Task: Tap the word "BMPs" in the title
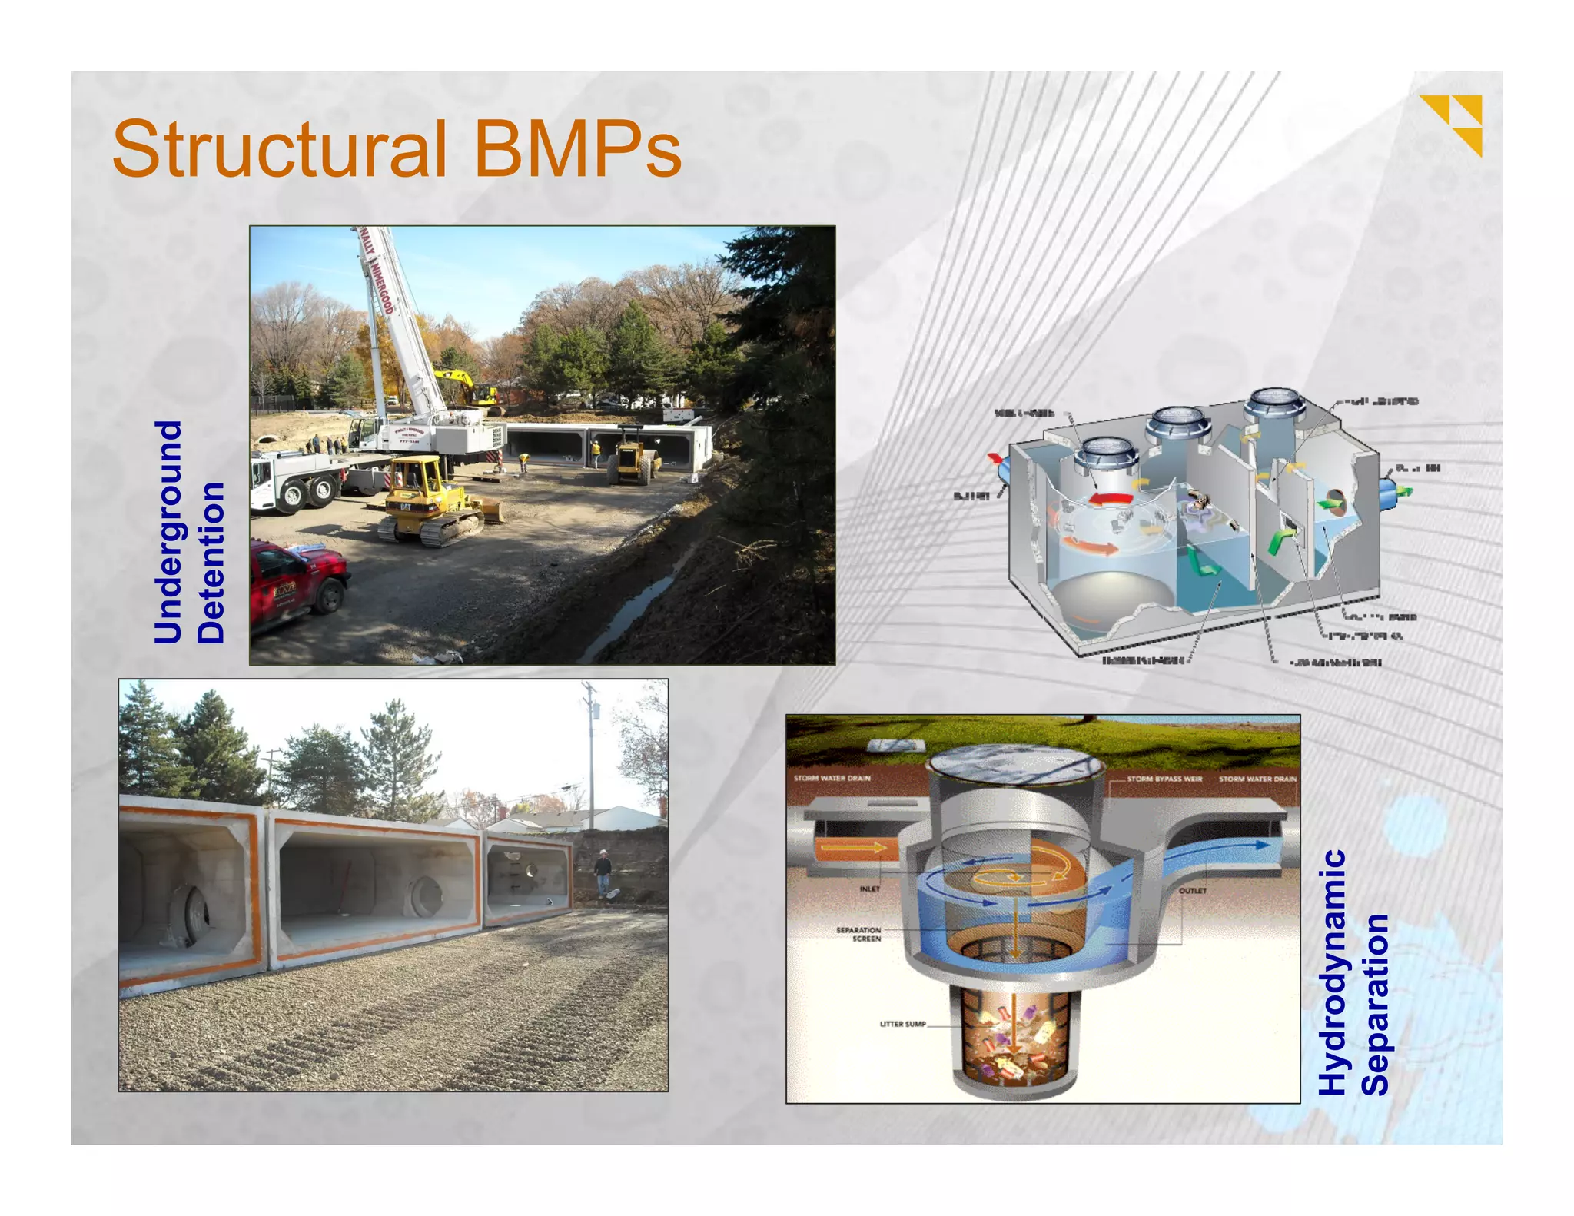pyautogui.click(x=577, y=148)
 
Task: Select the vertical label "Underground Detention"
pyautogui.click(x=189, y=532)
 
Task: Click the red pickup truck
pyautogui.click(x=296, y=582)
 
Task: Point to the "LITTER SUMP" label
pyautogui.click(x=902, y=1024)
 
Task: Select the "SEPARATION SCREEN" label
pyautogui.click(x=858, y=934)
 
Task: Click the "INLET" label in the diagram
pyautogui.click(x=869, y=889)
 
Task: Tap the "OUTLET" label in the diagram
pyautogui.click(x=1192, y=891)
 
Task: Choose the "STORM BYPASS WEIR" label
pyautogui.click(x=1164, y=779)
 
